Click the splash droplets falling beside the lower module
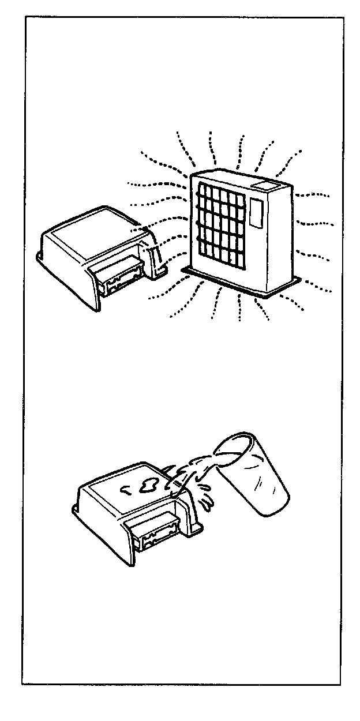(x=207, y=497)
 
